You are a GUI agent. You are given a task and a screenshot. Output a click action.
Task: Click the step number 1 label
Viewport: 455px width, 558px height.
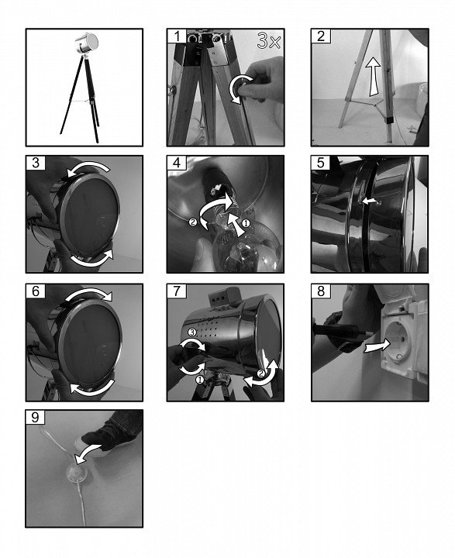click(x=176, y=36)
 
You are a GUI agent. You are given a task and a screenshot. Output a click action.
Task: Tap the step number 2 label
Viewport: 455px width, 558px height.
click(x=321, y=36)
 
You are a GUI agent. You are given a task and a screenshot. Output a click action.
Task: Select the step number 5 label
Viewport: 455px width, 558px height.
click(x=320, y=163)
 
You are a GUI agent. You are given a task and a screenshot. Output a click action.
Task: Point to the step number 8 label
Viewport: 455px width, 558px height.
click(x=321, y=291)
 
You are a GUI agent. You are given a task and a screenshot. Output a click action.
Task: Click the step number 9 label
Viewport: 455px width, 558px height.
click(x=35, y=417)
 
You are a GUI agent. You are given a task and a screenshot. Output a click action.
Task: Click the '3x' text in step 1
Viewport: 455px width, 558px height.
click(x=269, y=41)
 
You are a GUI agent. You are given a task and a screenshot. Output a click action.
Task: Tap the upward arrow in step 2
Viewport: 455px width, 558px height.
click(x=374, y=76)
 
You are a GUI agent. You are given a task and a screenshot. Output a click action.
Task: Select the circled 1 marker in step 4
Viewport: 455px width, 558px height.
click(x=246, y=223)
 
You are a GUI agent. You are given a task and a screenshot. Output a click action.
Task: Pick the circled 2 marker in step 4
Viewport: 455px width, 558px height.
click(x=192, y=222)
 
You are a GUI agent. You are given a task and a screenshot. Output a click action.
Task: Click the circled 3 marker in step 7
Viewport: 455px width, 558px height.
click(x=192, y=332)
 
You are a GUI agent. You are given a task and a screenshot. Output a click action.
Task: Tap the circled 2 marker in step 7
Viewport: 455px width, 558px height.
click(x=261, y=374)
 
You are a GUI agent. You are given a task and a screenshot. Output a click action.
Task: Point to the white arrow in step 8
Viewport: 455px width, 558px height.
click(x=377, y=346)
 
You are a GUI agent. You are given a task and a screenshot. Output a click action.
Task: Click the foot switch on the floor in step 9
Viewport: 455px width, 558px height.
click(x=77, y=474)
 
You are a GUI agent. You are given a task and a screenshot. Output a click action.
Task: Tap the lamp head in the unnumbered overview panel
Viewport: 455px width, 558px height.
click(x=86, y=43)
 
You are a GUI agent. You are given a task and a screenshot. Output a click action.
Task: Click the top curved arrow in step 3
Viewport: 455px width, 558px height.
click(x=90, y=167)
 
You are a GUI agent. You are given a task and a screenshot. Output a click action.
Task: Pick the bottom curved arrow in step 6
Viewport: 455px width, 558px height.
click(x=92, y=388)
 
